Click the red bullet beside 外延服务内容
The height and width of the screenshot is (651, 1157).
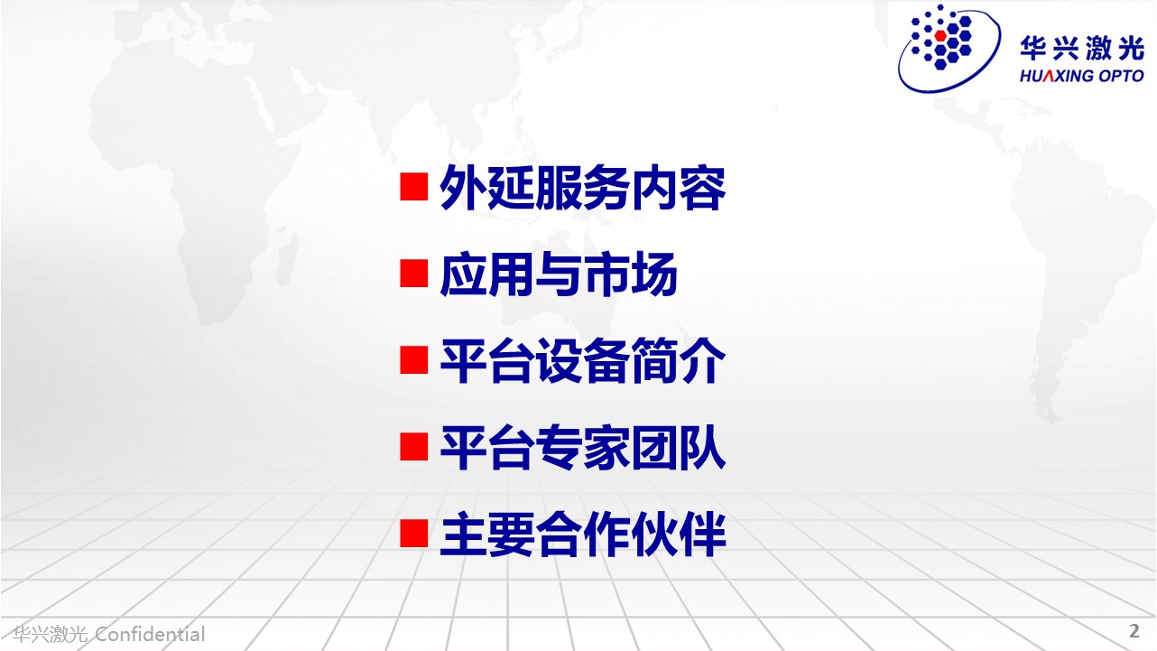click(413, 187)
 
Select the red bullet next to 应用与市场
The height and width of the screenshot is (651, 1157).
click(413, 274)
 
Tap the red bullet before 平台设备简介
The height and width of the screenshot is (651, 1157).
click(413, 360)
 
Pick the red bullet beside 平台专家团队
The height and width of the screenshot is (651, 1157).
click(413, 447)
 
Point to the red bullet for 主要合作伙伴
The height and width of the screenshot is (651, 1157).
click(413, 534)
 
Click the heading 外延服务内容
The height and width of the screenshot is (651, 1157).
click(583, 188)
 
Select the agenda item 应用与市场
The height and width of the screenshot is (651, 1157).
click(559, 274)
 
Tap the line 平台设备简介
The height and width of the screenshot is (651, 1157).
click(583, 360)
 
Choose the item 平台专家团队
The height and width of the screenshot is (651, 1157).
click(583, 448)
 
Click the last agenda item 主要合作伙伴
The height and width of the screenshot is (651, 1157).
click(583, 534)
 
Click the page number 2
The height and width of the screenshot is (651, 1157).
click(1134, 631)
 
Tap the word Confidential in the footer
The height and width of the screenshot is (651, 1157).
click(150, 634)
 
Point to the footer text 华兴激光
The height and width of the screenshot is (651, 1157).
click(51, 634)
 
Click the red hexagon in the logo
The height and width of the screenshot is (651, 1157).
click(940, 35)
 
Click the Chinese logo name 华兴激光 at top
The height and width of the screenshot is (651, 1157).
click(1082, 49)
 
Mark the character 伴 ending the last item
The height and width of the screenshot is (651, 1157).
click(703, 534)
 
